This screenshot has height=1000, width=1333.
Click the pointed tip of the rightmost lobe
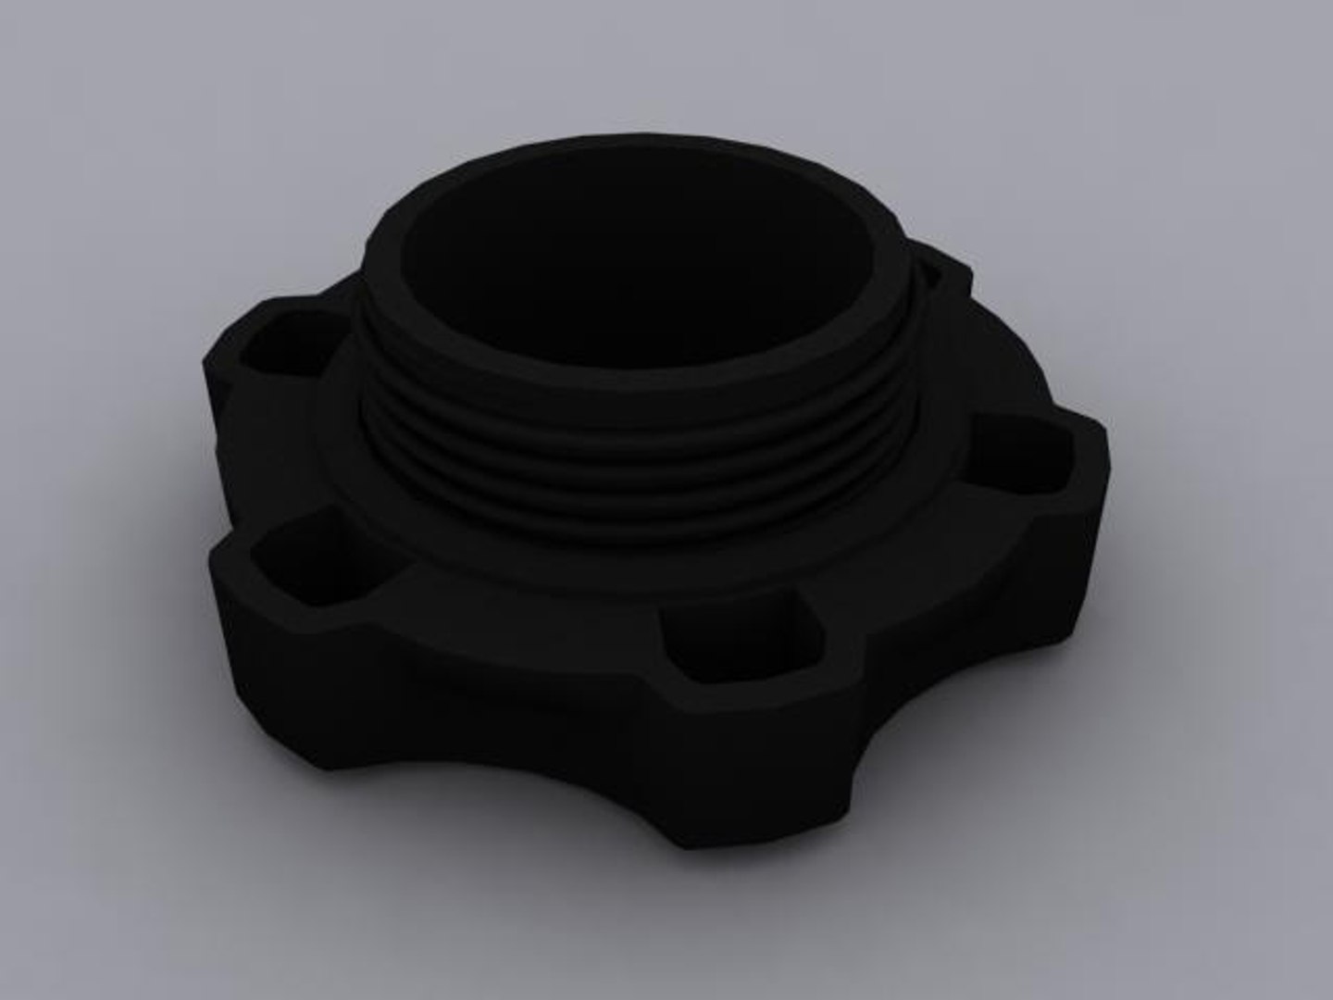1105,435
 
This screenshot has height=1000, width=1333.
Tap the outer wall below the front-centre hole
741,741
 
